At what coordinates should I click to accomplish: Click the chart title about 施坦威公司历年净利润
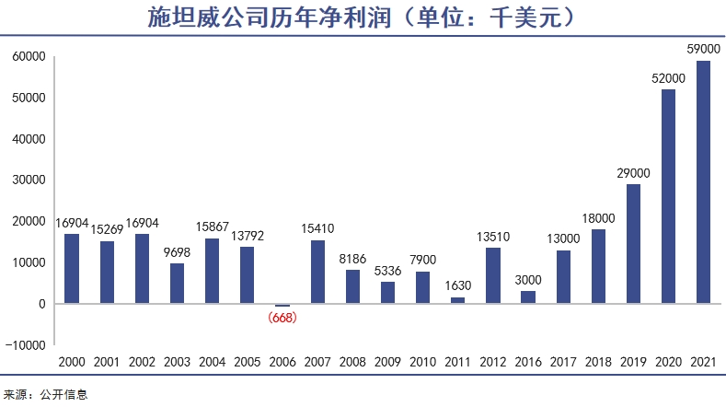[x=363, y=17]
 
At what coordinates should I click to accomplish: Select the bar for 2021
[x=703, y=181]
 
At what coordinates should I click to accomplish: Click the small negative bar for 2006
[x=282, y=305]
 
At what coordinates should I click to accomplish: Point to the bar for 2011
[x=457, y=300]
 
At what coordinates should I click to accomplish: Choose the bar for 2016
[x=528, y=297]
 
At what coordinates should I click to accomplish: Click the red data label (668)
[x=282, y=318]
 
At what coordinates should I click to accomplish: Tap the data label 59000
[x=703, y=49]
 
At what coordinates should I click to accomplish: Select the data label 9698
[x=178, y=251]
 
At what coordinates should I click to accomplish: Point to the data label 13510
[x=493, y=236]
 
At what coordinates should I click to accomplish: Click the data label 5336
[x=387, y=270]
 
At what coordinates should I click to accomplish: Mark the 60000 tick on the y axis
[x=29, y=56]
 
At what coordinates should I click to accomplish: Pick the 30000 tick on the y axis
[x=29, y=180]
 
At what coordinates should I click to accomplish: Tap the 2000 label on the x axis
[x=72, y=363]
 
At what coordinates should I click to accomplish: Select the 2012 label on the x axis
[x=493, y=363]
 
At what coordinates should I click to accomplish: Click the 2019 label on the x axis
[x=633, y=363]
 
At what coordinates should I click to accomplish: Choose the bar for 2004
[x=213, y=271]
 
